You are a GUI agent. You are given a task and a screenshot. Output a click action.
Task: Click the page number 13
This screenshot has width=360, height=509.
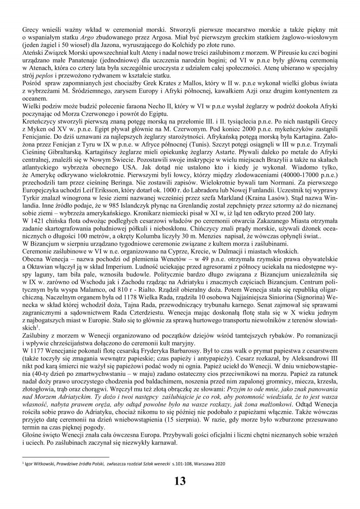(x=180, y=481)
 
